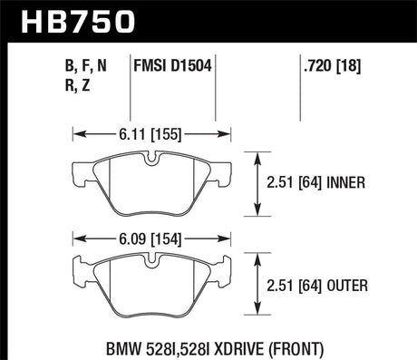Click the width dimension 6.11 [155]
pyautogui.click(x=154, y=133)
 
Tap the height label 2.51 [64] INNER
pyautogui.click(x=318, y=182)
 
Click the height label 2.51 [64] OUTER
pyautogui.click(x=318, y=287)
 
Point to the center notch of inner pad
pyautogui.click(x=152, y=160)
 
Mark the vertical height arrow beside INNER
pyautogui.click(x=259, y=182)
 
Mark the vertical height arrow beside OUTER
pyautogui.click(x=259, y=287)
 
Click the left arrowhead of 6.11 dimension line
pyautogui.click(x=75, y=133)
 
